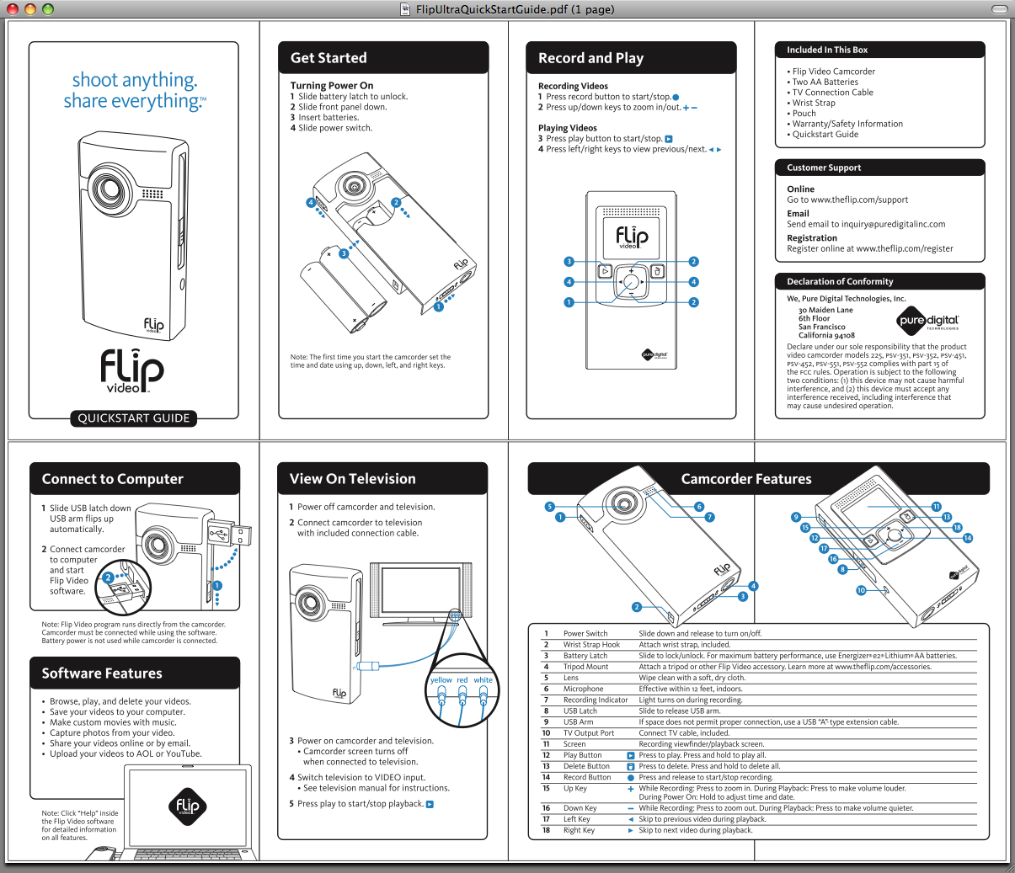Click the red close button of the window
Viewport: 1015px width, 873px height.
point(12,9)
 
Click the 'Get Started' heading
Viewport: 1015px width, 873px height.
point(329,58)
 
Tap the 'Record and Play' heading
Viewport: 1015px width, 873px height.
point(590,58)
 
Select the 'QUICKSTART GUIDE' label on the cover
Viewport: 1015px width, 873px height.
point(134,418)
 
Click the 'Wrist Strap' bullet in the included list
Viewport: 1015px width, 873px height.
point(814,103)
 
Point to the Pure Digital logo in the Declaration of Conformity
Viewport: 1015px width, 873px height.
point(927,321)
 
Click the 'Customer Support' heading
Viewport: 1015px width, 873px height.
point(824,168)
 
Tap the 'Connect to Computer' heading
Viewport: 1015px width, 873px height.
point(112,479)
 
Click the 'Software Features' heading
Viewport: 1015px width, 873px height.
point(102,673)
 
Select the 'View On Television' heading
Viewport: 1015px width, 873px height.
point(352,479)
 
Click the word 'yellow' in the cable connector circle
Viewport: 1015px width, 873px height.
point(441,680)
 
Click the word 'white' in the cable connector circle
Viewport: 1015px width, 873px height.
point(483,680)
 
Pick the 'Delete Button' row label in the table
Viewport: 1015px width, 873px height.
point(586,766)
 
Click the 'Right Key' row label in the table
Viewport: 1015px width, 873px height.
point(579,830)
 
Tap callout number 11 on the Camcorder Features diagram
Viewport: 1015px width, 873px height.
point(936,507)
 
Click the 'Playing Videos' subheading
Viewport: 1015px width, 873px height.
point(567,128)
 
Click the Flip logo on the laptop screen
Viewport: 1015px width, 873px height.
point(187,806)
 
